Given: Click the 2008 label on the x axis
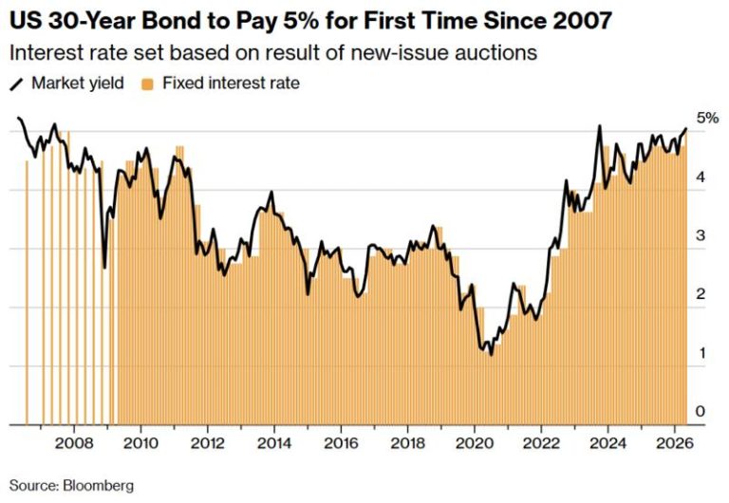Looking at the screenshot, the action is (x=74, y=443).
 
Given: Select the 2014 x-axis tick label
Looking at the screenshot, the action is (x=274, y=443).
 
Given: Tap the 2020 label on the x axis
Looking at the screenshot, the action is (x=475, y=443).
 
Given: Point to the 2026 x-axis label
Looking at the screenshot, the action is (x=675, y=443).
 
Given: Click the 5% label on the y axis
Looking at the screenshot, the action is (x=707, y=118).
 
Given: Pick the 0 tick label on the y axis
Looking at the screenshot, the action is (x=701, y=412).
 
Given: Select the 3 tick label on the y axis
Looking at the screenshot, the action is (x=701, y=235).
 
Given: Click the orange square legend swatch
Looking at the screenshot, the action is (x=148, y=84).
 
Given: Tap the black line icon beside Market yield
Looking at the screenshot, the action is (x=16, y=84).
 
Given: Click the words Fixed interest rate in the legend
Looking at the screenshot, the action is (x=231, y=84).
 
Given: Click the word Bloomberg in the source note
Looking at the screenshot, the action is (x=98, y=486).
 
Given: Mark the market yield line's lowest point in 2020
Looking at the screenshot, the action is (x=492, y=355).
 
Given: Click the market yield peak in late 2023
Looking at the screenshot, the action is (x=600, y=126).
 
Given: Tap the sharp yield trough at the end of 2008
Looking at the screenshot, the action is (x=104, y=268).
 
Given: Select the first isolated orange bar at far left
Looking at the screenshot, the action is (x=27, y=292).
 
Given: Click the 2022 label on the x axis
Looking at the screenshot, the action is (x=541, y=443).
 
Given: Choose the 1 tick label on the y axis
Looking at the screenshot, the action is (x=701, y=353).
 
